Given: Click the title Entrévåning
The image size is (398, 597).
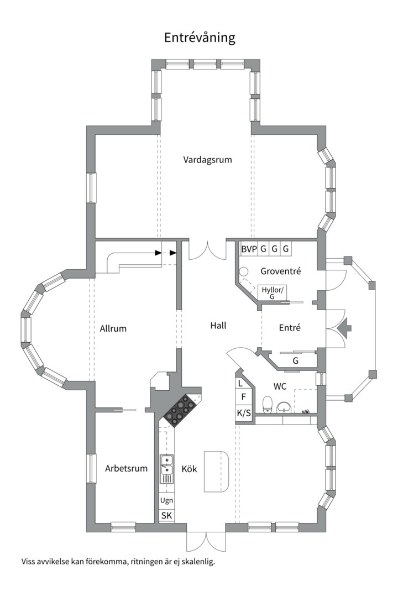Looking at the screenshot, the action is click(200, 38).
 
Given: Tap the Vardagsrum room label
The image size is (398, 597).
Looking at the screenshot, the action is click(208, 160).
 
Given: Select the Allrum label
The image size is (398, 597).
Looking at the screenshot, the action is click(113, 328).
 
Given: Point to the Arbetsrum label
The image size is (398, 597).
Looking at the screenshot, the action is click(127, 468).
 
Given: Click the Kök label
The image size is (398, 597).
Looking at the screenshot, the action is click(189, 469).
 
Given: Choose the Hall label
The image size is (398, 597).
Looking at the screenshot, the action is click(218, 326).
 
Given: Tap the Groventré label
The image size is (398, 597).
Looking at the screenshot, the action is click(281, 271).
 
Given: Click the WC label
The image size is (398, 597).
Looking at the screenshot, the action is click(280, 386).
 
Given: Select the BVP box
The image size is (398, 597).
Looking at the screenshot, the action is click(249, 249).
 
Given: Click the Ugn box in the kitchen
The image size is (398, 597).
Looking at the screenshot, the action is click(166, 500).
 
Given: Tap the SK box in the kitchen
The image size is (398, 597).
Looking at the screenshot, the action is click(166, 516).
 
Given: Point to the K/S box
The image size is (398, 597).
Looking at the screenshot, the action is click(244, 412).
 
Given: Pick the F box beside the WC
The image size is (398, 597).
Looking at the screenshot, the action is click(244, 397).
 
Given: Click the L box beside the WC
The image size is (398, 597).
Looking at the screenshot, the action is click(240, 383).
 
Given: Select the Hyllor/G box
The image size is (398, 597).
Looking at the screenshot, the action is click(273, 293).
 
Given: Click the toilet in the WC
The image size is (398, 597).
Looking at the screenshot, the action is click(268, 404).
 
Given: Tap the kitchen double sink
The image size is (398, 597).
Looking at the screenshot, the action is click(166, 465).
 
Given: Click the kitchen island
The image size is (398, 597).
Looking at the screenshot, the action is click(216, 472).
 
